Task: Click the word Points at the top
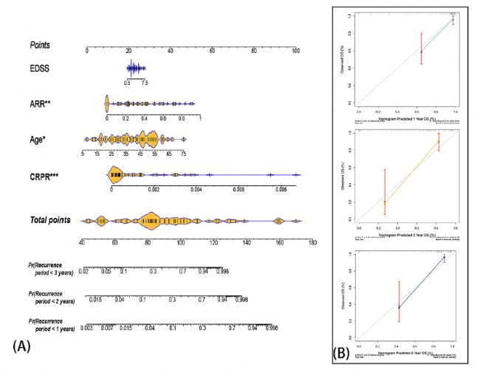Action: point(40,45)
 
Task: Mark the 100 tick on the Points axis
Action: point(296,51)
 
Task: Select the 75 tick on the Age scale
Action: point(183,154)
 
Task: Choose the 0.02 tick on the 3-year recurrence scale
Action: point(84,272)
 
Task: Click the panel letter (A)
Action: point(21,344)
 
